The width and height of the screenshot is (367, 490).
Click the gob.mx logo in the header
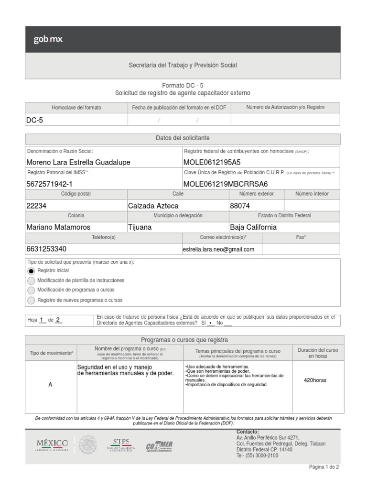tap(48, 40)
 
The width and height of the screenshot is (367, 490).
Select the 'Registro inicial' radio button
tap(32, 271)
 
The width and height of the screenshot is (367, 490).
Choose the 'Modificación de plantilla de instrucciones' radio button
tap(32, 281)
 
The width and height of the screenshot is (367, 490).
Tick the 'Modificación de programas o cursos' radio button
tap(32, 290)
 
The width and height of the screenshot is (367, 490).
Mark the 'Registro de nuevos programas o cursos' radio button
tap(32, 301)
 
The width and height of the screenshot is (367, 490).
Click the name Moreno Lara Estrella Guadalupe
tap(78, 162)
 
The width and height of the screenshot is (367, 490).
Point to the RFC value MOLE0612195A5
tap(212, 162)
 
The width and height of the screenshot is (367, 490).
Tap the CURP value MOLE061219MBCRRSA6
tap(226, 184)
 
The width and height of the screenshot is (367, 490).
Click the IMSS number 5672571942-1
tap(50, 184)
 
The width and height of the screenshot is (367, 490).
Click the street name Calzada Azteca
tap(153, 206)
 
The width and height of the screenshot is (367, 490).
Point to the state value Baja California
tap(253, 227)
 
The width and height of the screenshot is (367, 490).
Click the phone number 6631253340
tap(46, 249)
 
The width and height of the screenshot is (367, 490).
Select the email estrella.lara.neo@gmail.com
tap(218, 249)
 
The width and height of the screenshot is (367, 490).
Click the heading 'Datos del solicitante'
tap(183, 138)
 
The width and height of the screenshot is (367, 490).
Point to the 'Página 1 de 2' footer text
tap(324, 467)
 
